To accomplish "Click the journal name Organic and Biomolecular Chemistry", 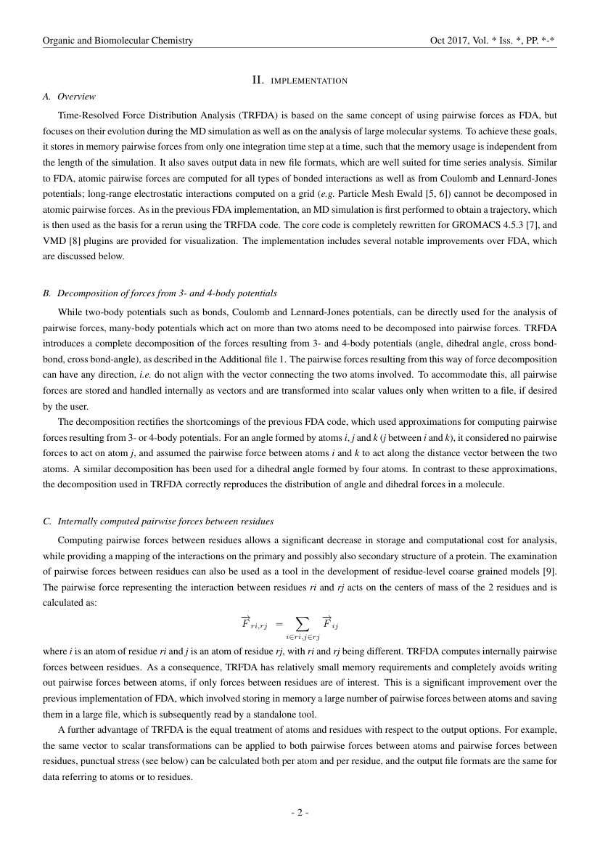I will pos(118,41).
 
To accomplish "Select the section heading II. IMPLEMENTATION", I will pos(300,80).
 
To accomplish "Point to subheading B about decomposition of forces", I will pos(160,293).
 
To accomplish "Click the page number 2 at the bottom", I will pos(300,812).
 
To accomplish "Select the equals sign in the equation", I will pos(279,622).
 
